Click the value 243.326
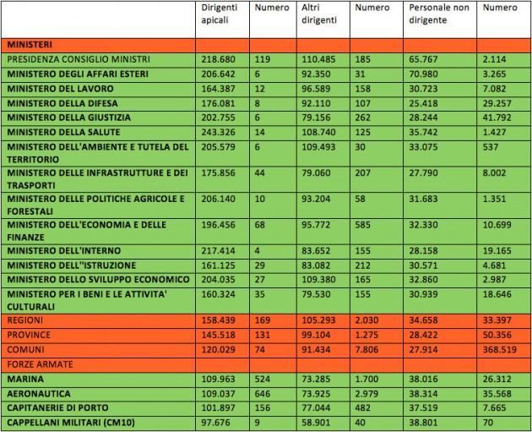click(x=216, y=133)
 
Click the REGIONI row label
click(x=27, y=324)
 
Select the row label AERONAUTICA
click(x=38, y=395)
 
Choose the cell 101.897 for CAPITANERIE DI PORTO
click(x=216, y=409)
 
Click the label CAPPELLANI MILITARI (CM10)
click(x=69, y=424)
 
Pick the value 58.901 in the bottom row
click(x=315, y=424)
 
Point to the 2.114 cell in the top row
click(x=494, y=60)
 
